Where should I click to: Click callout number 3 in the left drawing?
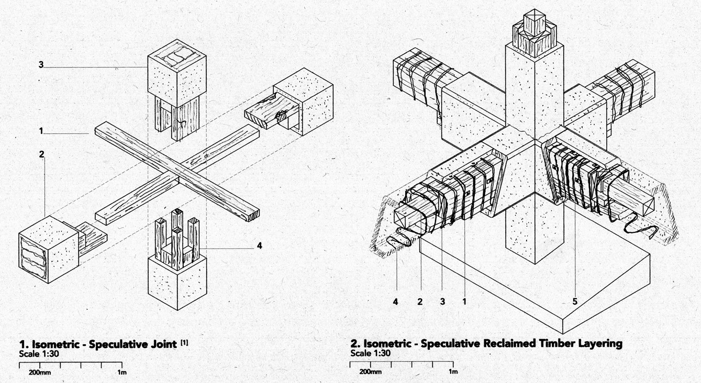(41, 65)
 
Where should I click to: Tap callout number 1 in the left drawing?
(41, 131)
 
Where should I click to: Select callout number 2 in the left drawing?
(42, 154)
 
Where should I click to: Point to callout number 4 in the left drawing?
(260, 246)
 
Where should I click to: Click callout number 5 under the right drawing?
(575, 301)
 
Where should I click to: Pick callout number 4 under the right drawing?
(396, 302)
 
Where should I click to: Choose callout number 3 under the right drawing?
(442, 302)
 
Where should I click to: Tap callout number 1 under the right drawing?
(464, 302)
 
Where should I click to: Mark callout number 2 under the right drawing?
(420, 302)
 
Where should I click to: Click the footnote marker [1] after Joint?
(184, 343)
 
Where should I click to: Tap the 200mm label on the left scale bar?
(40, 373)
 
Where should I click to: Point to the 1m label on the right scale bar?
(453, 371)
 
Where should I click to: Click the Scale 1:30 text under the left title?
(39, 354)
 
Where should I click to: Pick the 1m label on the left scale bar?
(122, 373)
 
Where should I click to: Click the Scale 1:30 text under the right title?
(370, 353)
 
